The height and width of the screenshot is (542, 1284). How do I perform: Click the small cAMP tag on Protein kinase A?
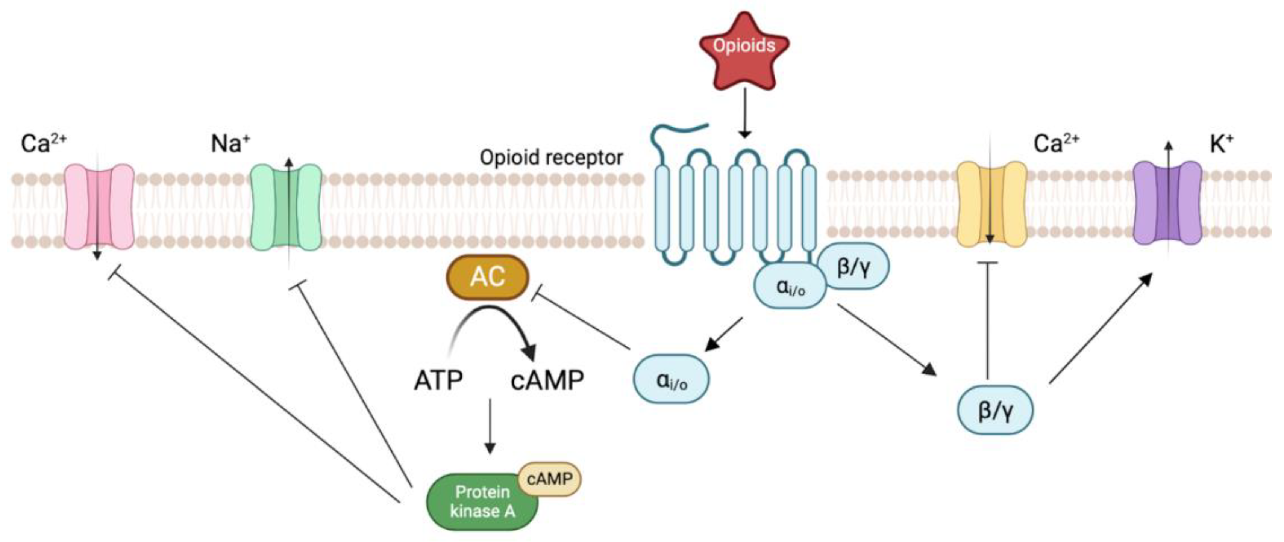549,479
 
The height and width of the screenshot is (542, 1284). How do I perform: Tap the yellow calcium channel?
991,204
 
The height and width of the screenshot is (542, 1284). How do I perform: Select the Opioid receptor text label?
551,158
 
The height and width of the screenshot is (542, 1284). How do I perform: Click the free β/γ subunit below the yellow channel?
995,409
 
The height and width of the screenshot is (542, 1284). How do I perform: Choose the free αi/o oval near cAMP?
671,379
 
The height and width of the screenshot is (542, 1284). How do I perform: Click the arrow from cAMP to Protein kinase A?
490,426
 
